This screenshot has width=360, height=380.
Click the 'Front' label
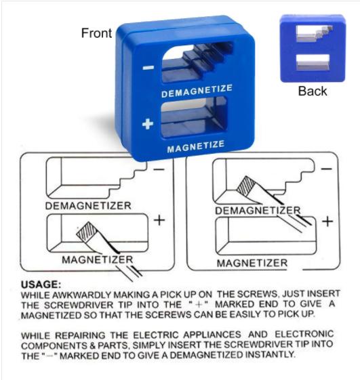(x=96, y=33)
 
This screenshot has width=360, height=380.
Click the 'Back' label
(x=313, y=91)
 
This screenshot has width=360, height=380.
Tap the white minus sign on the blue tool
(x=148, y=68)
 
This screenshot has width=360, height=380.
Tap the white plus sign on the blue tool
(x=148, y=124)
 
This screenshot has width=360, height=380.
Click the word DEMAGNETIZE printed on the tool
(x=197, y=91)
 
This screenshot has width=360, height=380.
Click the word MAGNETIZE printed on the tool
(x=195, y=146)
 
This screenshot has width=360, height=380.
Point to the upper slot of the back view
(x=314, y=33)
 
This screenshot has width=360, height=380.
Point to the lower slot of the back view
(x=313, y=62)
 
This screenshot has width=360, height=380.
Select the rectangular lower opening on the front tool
(x=193, y=117)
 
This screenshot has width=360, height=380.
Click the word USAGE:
(x=41, y=284)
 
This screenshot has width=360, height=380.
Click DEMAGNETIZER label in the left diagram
(x=88, y=206)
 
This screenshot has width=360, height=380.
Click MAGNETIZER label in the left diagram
(x=97, y=259)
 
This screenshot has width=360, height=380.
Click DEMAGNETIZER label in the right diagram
(x=258, y=211)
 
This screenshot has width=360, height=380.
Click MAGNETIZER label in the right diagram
(x=252, y=263)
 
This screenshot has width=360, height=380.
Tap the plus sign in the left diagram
(x=159, y=220)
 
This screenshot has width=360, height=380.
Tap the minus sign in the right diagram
(x=327, y=169)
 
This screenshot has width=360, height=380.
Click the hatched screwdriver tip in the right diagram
(x=245, y=186)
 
